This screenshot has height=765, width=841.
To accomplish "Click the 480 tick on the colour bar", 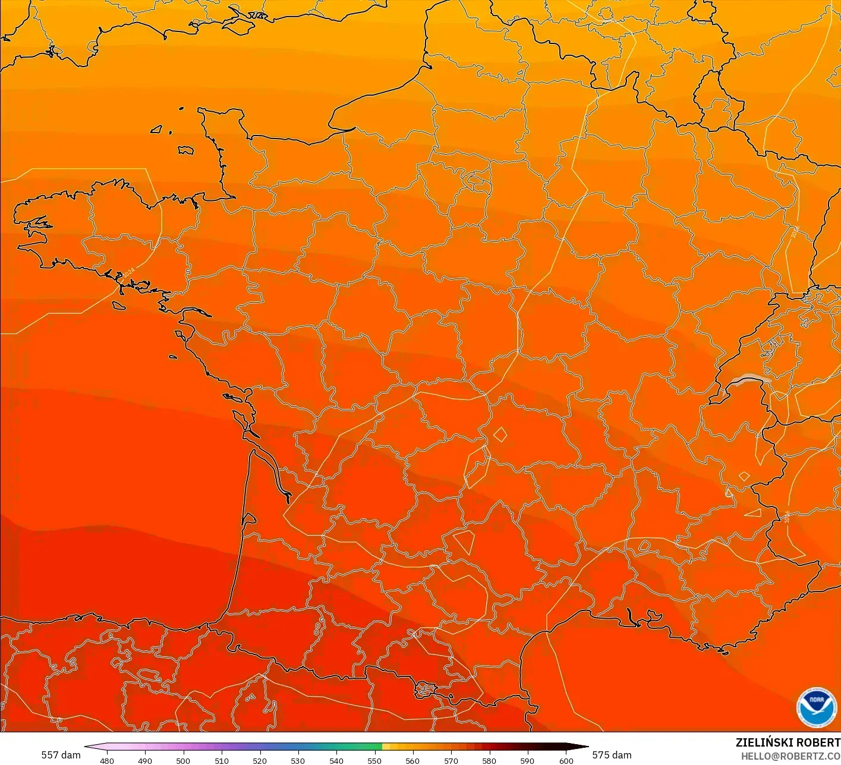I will [107, 760].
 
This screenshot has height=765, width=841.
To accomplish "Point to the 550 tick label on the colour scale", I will [374, 760].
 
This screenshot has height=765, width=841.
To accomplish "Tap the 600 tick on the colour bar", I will [566, 760].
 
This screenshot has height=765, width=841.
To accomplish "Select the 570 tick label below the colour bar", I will [451, 760].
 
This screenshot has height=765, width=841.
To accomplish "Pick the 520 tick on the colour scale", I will [260, 760].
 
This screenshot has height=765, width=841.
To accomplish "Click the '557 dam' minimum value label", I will [61, 755].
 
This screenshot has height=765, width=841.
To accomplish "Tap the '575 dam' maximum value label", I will [612, 755].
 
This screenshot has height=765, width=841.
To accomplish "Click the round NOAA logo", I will [817, 707].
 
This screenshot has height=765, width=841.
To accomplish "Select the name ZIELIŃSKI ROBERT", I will [788, 742].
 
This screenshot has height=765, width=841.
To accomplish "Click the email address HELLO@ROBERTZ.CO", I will [790, 756].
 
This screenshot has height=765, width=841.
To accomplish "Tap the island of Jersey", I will [185, 150].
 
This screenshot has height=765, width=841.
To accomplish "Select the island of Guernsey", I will [157, 128].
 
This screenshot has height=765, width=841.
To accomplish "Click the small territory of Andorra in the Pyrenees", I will [426, 690].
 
